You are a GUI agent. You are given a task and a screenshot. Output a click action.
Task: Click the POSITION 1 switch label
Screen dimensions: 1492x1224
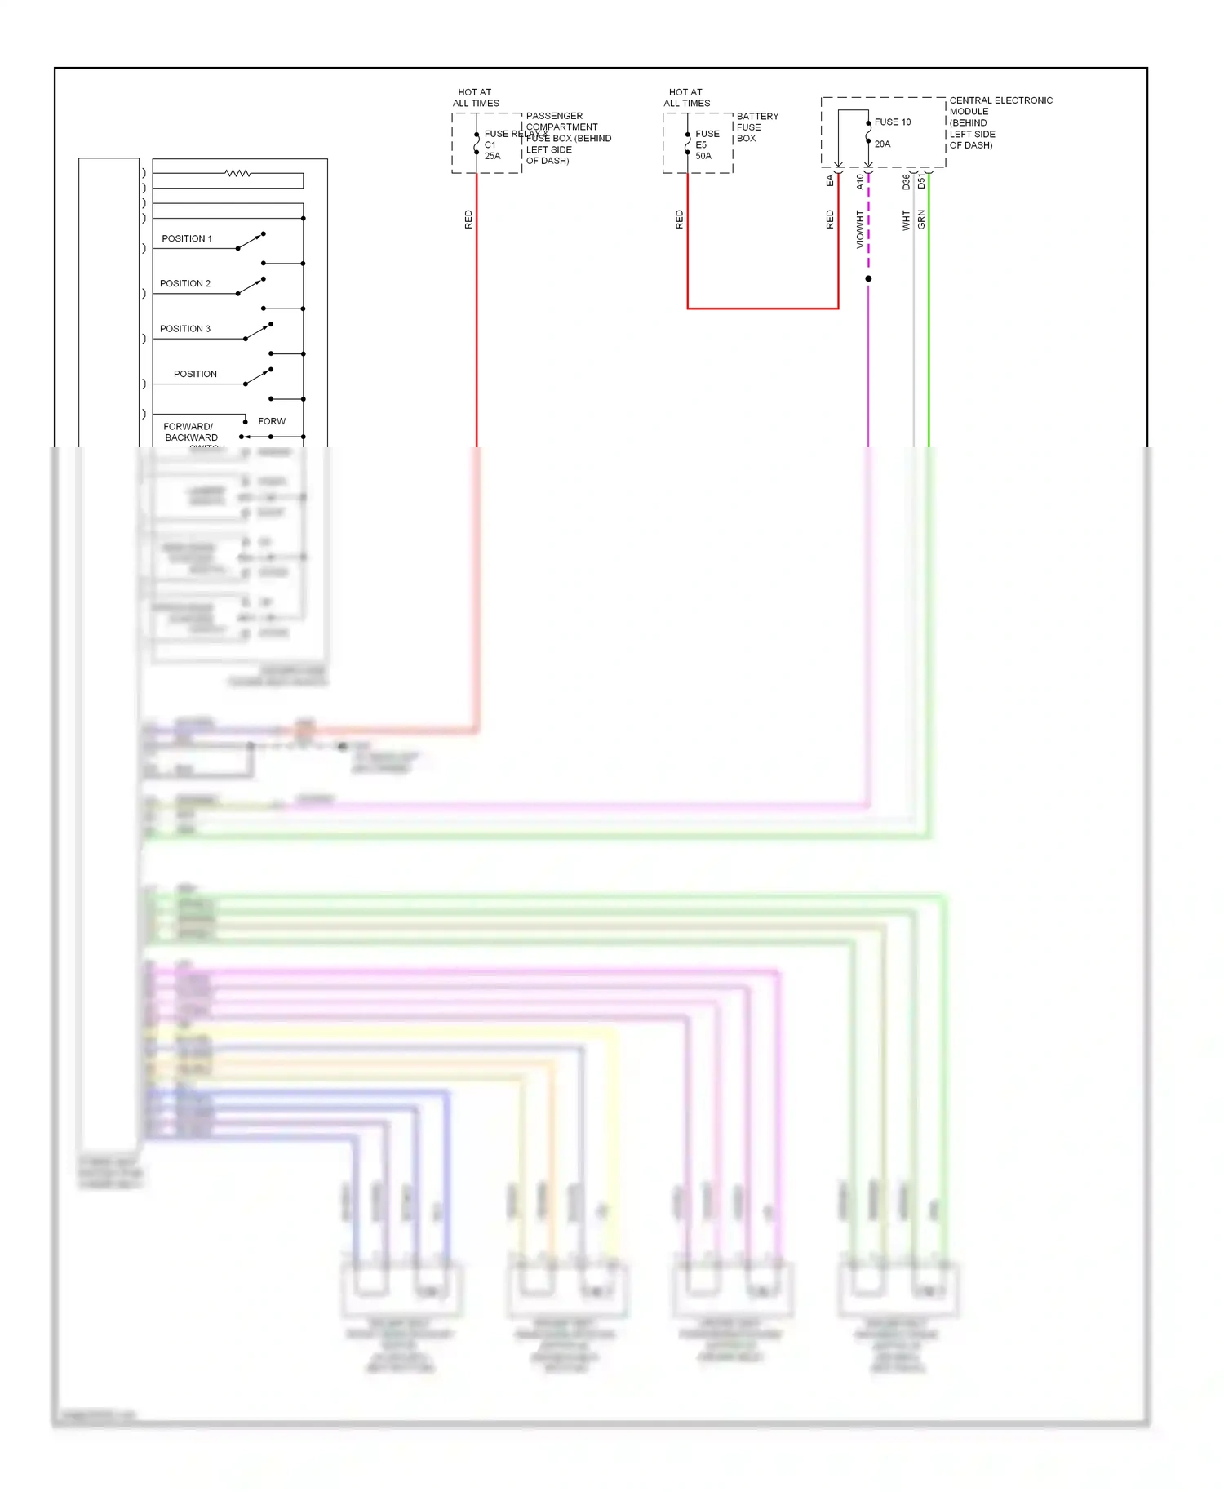(x=187, y=238)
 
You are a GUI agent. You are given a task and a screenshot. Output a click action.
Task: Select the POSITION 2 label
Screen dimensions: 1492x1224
(x=185, y=283)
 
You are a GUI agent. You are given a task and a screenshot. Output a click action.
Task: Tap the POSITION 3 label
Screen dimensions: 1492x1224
(x=185, y=328)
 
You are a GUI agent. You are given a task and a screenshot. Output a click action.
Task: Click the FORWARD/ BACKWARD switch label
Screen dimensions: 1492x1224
(x=190, y=432)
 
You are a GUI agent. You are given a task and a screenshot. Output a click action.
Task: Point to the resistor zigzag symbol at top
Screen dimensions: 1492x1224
(x=237, y=173)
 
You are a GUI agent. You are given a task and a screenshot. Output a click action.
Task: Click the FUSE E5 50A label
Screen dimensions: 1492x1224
(x=707, y=144)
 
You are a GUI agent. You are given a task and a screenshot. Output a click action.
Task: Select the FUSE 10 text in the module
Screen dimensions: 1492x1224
(x=893, y=122)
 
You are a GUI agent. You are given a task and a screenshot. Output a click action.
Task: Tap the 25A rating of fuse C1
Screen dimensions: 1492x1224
(x=492, y=156)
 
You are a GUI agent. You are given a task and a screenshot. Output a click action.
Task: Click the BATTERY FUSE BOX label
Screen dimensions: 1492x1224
(x=756, y=127)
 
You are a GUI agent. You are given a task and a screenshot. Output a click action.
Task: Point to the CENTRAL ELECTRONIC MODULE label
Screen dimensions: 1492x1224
(x=1000, y=122)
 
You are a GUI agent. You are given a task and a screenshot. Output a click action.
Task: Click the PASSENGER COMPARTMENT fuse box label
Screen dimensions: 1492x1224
(x=568, y=138)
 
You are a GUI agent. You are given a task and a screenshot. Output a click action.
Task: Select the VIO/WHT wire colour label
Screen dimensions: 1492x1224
(x=859, y=229)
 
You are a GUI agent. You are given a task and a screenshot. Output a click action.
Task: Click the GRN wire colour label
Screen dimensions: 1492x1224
(x=921, y=219)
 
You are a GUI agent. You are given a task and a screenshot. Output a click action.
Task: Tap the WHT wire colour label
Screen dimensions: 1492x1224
(x=906, y=220)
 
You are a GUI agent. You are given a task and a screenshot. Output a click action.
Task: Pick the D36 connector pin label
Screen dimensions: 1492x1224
(x=906, y=182)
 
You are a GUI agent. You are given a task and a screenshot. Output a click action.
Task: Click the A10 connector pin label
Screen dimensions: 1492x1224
(x=859, y=182)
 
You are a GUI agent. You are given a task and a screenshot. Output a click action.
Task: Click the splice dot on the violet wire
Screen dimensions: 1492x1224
(x=868, y=278)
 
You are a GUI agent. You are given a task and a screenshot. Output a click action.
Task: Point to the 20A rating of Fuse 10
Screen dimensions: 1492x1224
(x=882, y=144)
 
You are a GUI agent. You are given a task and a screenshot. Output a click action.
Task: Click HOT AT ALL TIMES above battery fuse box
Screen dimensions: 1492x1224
(x=686, y=98)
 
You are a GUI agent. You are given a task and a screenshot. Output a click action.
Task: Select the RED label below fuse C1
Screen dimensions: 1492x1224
(x=468, y=219)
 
